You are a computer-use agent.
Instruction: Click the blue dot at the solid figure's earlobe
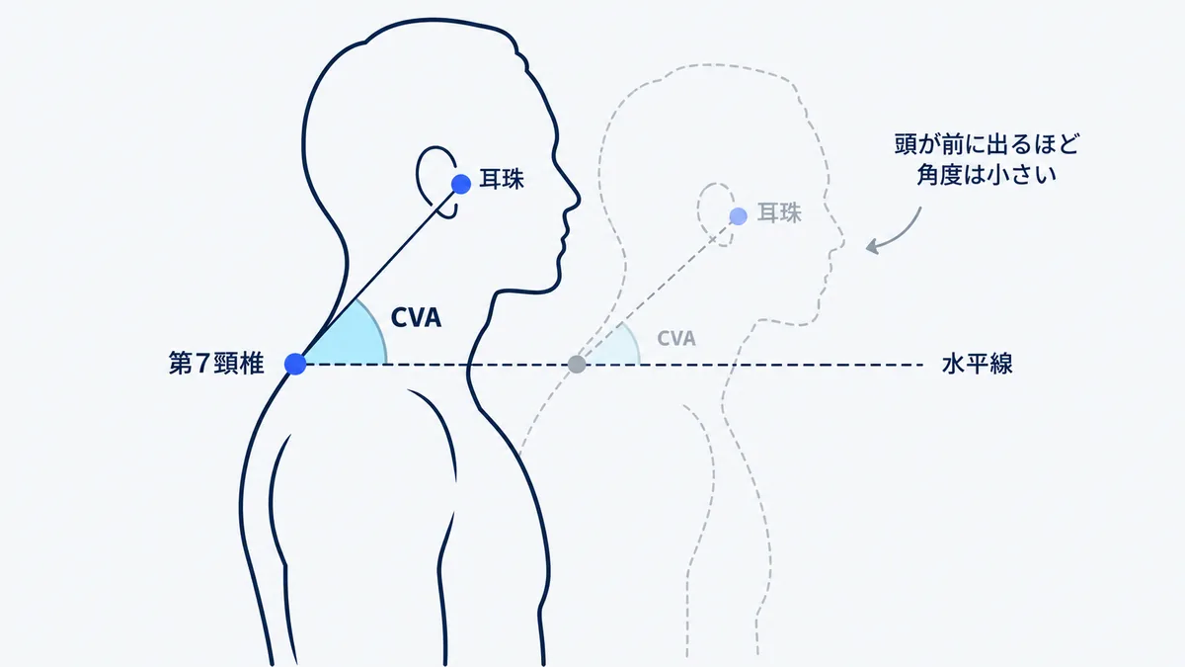461,184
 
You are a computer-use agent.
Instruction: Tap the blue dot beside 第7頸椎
295,364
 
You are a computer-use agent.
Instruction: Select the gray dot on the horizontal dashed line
577,365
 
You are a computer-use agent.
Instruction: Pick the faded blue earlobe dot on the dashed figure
738,216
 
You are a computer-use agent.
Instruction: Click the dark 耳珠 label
502,179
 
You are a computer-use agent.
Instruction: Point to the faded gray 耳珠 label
779,212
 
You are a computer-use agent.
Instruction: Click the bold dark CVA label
416,317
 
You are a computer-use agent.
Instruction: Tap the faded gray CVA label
676,338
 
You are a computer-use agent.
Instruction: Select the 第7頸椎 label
216,364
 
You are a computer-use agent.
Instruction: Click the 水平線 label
977,365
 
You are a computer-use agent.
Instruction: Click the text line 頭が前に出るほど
987,144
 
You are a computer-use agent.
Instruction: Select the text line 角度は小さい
987,175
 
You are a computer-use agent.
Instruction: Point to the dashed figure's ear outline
699,211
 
